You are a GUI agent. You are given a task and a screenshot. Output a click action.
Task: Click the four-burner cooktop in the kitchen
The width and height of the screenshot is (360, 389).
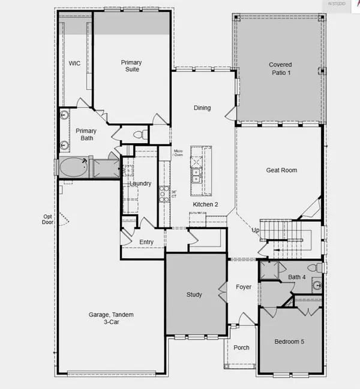pyautogui.click(x=163, y=194)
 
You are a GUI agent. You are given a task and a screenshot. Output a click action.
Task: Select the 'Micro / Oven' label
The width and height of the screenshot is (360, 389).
pyautogui.click(x=178, y=153)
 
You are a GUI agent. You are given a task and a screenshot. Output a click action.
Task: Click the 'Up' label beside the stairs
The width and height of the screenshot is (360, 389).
pyautogui.click(x=256, y=230)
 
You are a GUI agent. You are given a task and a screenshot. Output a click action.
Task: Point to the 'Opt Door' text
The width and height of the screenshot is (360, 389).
pyautogui.click(x=47, y=219)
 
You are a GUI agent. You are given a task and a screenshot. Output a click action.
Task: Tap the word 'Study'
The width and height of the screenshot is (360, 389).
pyautogui.click(x=194, y=295)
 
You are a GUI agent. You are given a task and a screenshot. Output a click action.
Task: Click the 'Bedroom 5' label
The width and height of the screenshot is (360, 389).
pyautogui.click(x=289, y=342)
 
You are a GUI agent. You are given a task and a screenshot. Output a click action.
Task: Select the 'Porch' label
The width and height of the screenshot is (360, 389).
pyautogui.click(x=241, y=347)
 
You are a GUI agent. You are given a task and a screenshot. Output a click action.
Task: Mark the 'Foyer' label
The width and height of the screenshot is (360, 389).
pyautogui.click(x=243, y=287)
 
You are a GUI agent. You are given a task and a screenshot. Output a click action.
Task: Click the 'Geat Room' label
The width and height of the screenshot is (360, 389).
pyautogui.click(x=281, y=170)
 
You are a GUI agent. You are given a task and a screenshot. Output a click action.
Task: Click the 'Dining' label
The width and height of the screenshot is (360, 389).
pyautogui.click(x=202, y=108)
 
